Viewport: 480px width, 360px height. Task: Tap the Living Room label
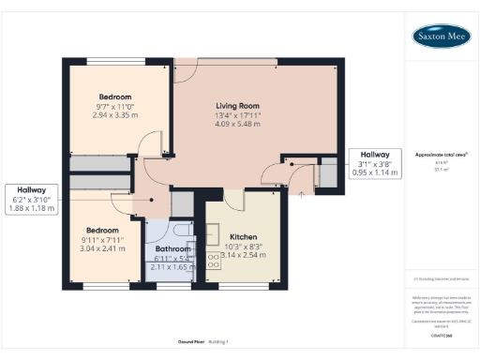pos(238,106)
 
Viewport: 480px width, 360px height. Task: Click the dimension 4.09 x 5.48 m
pos(238,125)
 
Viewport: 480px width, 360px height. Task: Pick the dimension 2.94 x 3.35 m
pos(117,114)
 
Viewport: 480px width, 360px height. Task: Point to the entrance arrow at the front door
pos(301,194)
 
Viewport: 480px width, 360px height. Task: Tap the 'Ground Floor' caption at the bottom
pos(191,340)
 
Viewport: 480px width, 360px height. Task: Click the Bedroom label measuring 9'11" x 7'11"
pos(102,230)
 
